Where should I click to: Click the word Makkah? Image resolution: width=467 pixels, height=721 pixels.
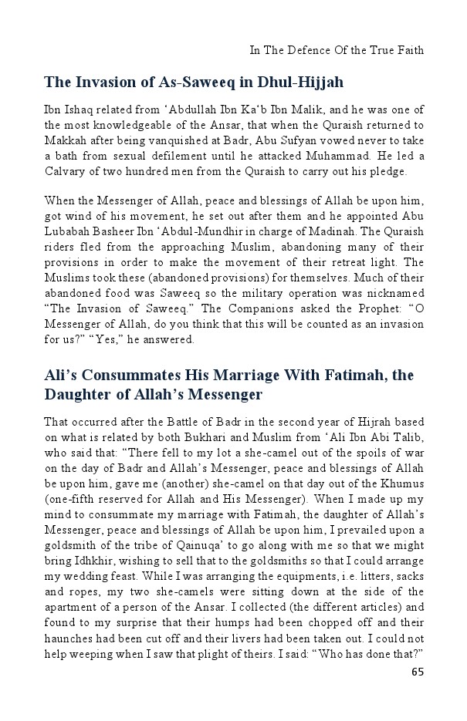[64, 140]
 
